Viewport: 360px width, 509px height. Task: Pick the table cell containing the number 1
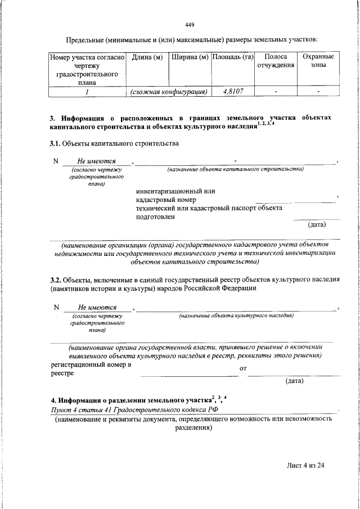(87, 91)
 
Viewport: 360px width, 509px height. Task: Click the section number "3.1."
(56, 144)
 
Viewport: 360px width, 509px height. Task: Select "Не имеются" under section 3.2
(97, 308)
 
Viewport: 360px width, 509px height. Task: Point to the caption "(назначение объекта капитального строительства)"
(236, 169)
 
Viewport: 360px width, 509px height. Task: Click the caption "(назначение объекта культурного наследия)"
(236, 316)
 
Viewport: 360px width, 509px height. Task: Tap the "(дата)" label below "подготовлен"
(317, 224)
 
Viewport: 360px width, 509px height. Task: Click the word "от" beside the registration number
(244, 369)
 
